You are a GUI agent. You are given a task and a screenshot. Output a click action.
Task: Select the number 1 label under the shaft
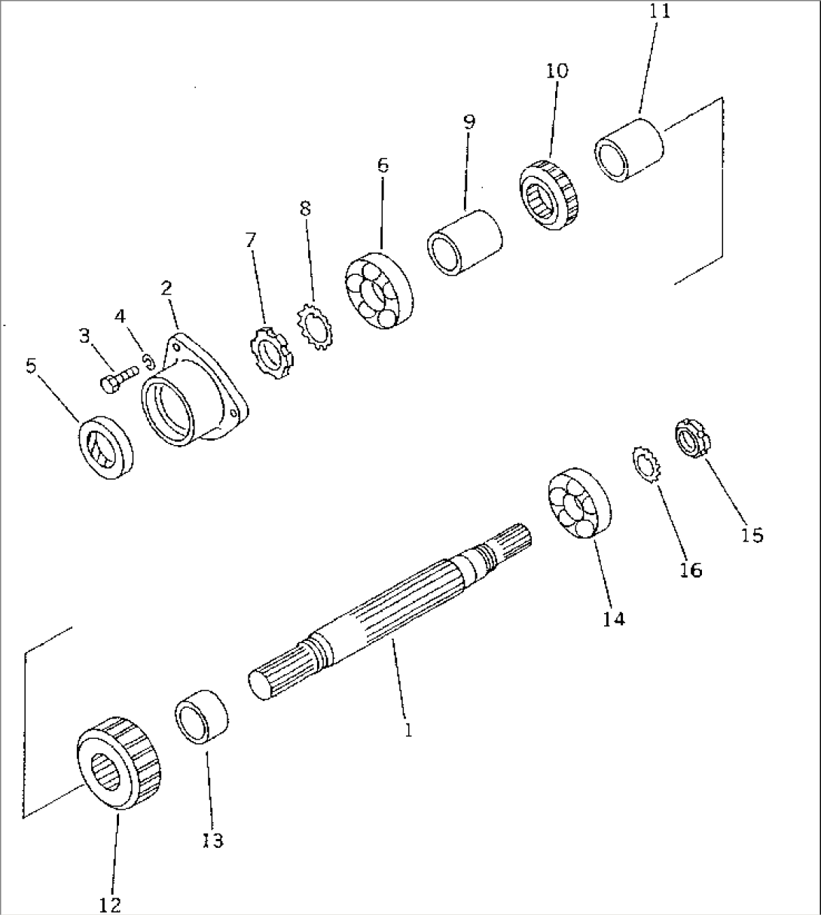tap(408, 730)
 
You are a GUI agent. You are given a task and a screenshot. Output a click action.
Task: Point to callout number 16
tap(691, 570)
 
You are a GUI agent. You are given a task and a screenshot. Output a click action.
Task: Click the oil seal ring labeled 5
tap(106, 447)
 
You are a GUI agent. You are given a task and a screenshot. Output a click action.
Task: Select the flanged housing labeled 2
tap(194, 390)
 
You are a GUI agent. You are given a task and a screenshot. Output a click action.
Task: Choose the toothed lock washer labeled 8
tap(316, 327)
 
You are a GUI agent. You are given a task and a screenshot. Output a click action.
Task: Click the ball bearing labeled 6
tap(379, 291)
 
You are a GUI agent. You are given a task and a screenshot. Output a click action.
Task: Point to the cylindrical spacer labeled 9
tap(465, 242)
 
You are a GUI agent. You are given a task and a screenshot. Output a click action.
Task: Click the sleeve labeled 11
tap(629, 150)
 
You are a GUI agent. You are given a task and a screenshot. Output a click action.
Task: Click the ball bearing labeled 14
tap(578, 503)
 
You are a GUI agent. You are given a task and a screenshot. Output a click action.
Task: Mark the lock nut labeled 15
tap(693, 438)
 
